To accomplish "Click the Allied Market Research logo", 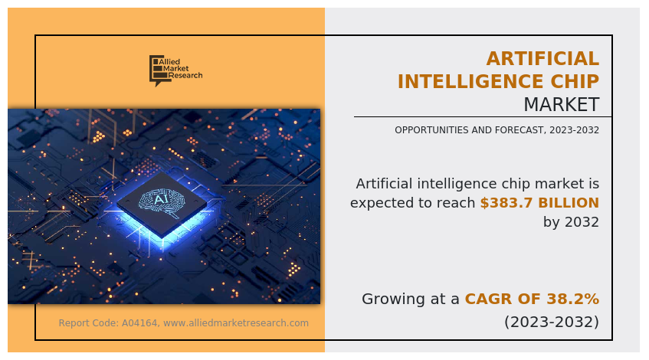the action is tap(176, 70).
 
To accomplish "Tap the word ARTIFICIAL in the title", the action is tap(542, 58).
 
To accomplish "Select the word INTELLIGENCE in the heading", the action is tap(470, 81).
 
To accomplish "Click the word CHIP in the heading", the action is tap(575, 81).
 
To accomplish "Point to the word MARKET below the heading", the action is tap(561, 104).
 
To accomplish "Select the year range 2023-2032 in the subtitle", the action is tap(575, 130).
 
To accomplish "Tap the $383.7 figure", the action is tap(506, 203).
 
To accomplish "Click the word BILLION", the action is tap(569, 203).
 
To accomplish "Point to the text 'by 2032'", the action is tap(571, 222).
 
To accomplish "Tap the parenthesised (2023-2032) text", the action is tap(552, 322).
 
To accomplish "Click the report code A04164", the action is tap(139, 322).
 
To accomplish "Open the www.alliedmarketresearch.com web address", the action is tap(236, 322).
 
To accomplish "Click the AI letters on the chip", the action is tap(161, 199).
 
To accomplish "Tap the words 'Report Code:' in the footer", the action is tap(89, 322).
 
